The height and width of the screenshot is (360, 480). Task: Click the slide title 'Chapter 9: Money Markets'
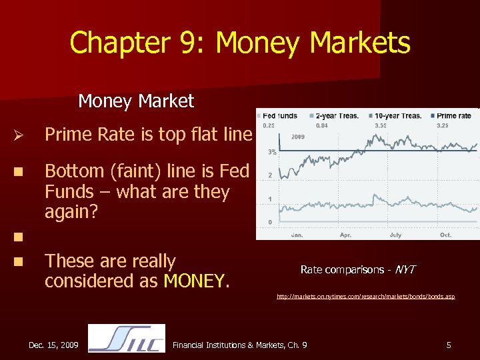pyautogui.click(x=240, y=43)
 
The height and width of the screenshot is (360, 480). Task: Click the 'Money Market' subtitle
pyautogui.click(x=136, y=101)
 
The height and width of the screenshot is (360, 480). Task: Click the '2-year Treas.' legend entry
pyautogui.click(x=337, y=115)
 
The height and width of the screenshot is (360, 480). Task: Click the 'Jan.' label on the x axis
pyautogui.click(x=297, y=235)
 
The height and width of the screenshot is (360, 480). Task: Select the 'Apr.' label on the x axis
pyautogui.click(x=345, y=235)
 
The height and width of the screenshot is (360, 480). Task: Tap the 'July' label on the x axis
pyautogui.click(x=395, y=235)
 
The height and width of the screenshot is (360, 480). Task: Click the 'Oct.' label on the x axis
pyautogui.click(x=445, y=235)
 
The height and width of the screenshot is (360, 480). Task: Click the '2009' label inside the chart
pyautogui.click(x=297, y=137)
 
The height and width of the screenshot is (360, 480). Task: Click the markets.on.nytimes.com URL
pyautogui.click(x=365, y=296)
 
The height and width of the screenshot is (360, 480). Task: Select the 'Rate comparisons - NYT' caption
pyautogui.click(x=358, y=269)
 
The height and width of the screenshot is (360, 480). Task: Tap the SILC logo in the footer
pyautogui.click(x=127, y=339)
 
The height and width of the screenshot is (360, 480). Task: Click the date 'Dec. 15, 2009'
pyautogui.click(x=53, y=345)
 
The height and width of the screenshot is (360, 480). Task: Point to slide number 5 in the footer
pyautogui.click(x=449, y=345)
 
